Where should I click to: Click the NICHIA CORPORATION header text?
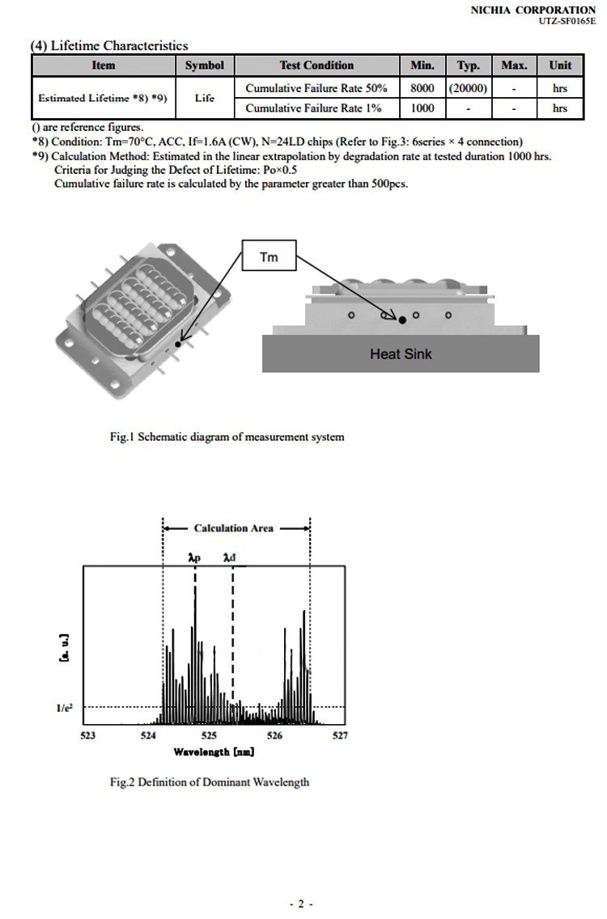coord(533,9)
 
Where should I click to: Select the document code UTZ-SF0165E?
coord(567,20)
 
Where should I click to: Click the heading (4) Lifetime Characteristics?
coord(109,46)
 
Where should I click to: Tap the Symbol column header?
coord(204,66)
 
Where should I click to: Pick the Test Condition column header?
coord(316,66)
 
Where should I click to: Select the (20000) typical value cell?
coord(468,87)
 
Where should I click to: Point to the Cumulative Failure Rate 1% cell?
coord(313,108)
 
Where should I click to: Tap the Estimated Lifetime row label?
coord(103,98)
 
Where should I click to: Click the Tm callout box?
coord(269,257)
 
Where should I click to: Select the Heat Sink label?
coord(401,354)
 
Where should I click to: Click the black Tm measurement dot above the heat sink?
coord(402,320)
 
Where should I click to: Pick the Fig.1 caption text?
coord(227,437)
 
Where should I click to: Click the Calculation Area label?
coord(234,528)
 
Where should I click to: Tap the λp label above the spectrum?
coord(194,557)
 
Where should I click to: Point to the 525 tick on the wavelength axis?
coord(209,735)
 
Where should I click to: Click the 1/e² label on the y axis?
coord(65,707)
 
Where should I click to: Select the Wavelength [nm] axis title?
coord(214,752)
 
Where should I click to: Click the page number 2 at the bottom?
coord(300,904)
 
